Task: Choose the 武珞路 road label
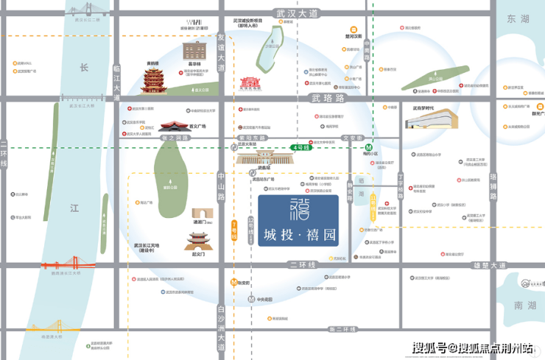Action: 328,98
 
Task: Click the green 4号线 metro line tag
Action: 301,147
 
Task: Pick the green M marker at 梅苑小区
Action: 373,147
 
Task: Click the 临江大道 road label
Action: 116,77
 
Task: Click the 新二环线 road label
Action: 342,328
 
